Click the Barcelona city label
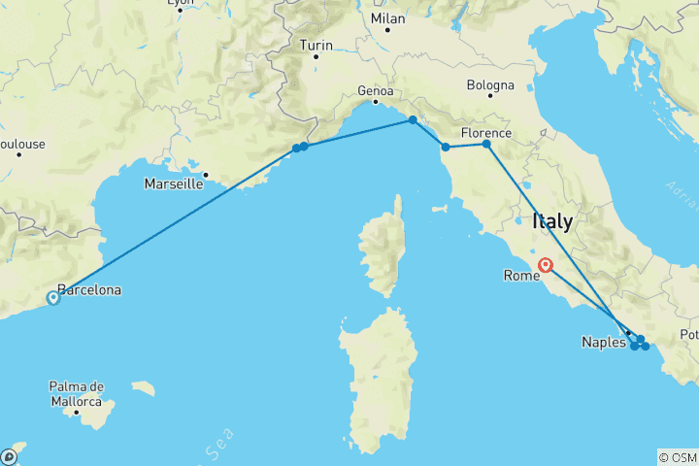(x=89, y=289)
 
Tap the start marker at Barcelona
(x=53, y=298)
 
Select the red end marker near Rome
(x=547, y=264)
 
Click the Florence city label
(x=485, y=132)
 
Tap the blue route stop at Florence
(x=486, y=145)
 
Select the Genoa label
(x=375, y=91)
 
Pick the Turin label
(x=316, y=45)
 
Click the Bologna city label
(x=490, y=85)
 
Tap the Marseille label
(x=173, y=183)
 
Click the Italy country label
(x=551, y=222)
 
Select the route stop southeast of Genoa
(x=413, y=120)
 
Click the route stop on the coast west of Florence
(x=446, y=148)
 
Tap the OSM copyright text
(x=677, y=457)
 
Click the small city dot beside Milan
(x=387, y=30)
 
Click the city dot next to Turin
(x=316, y=56)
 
